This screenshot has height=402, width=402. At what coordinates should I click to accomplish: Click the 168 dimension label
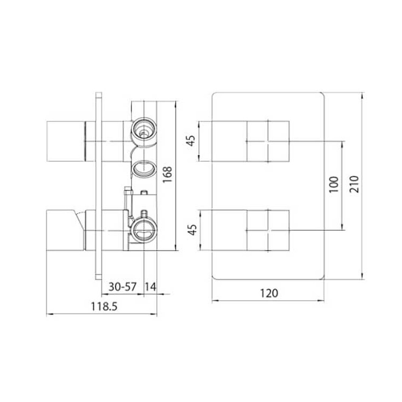click(x=167, y=174)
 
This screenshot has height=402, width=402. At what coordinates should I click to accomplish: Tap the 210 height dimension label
click(x=354, y=184)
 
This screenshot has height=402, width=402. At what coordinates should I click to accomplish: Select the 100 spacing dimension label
click(x=334, y=185)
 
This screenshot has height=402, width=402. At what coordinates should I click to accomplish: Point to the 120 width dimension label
click(x=269, y=293)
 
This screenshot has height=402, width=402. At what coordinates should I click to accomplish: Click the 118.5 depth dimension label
click(x=104, y=306)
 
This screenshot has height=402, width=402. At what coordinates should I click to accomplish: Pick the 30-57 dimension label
click(x=123, y=287)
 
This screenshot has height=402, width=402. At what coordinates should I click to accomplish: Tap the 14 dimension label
click(x=150, y=287)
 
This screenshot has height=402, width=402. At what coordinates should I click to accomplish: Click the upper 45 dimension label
click(x=191, y=140)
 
